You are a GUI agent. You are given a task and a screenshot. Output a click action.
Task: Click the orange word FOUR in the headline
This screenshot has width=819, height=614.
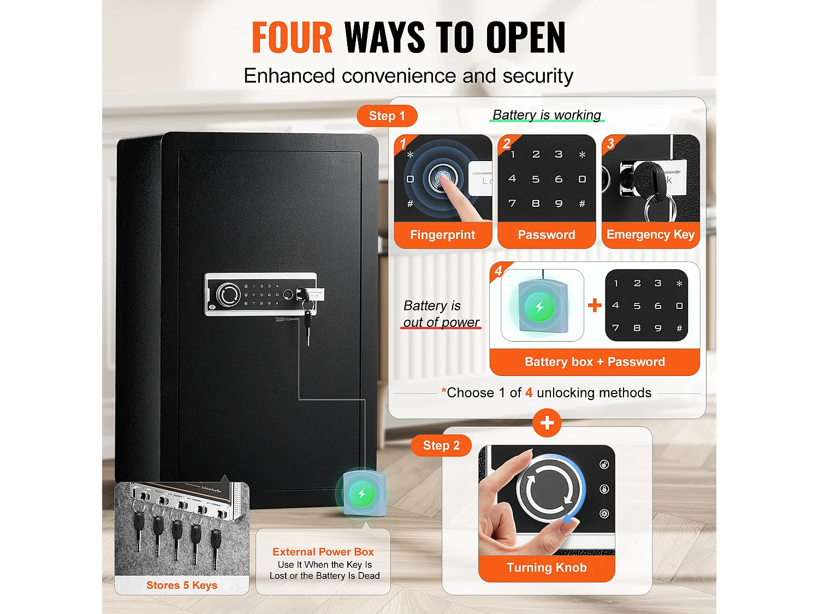(x=292, y=37)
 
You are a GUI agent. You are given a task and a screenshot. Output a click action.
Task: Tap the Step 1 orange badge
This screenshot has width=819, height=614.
(x=387, y=116)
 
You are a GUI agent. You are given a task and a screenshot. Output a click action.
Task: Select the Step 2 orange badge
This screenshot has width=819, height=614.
(x=441, y=445)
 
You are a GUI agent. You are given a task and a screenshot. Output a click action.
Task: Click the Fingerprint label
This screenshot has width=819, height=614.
(x=442, y=235)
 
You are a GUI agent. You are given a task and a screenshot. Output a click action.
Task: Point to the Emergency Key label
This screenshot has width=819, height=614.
(x=650, y=235)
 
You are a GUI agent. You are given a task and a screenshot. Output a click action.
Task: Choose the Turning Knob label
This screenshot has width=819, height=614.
(x=547, y=568)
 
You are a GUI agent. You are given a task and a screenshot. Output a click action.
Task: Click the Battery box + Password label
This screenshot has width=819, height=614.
(x=595, y=362)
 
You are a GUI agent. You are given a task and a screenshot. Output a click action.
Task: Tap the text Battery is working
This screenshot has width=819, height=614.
(x=547, y=115)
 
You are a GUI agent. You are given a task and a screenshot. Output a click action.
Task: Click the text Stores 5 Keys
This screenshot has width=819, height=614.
(x=182, y=585)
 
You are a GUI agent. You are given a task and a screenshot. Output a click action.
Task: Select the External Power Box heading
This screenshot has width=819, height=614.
(x=323, y=552)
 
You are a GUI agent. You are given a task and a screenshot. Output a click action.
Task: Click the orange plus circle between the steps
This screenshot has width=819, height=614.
(x=547, y=423)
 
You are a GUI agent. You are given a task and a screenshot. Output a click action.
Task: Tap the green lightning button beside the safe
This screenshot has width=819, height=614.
(x=361, y=494)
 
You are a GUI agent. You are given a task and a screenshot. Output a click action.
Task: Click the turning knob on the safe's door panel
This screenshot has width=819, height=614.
(x=228, y=295)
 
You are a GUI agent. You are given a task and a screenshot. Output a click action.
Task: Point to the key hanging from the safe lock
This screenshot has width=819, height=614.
(x=308, y=328)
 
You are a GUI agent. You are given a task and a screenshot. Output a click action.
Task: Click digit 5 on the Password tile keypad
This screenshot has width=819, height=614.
(x=536, y=180)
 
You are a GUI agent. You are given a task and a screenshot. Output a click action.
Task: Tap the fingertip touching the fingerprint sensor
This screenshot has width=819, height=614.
(x=445, y=179)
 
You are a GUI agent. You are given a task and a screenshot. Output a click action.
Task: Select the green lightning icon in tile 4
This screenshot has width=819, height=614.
(x=539, y=307)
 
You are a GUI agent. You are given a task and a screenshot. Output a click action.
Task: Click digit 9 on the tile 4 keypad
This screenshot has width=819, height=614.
(x=658, y=328)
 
